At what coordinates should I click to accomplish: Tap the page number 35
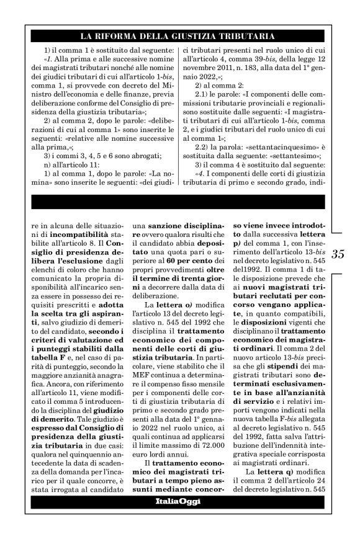coord(339,254)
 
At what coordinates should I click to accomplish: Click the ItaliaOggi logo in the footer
coord(180,501)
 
